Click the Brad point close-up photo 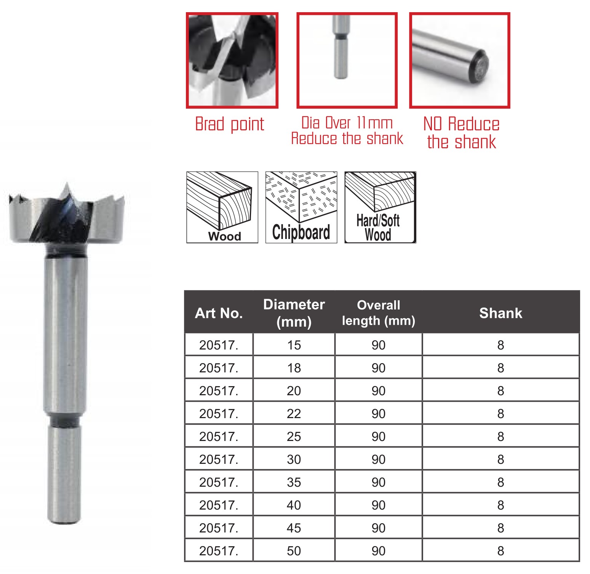coord(232,61)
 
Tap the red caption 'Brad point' coord(230,124)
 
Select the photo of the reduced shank coord(347,61)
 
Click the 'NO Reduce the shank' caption coord(461,133)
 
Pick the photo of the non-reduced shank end coord(460,61)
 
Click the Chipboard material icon coord(301,207)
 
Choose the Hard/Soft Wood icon coord(380,207)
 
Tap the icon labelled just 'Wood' coord(222,207)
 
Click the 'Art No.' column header coord(219,313)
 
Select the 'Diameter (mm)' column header coord(294,313)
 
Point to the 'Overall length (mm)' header coord(379,313)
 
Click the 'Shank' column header coord(501,313)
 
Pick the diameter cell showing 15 coord(294,345)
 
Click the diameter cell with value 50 coord(294,551)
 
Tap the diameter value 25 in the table coord(294,436)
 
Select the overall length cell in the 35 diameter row coord(379,482)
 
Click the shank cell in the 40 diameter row coord(501,505)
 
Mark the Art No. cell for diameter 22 coord(219,414)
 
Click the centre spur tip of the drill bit coord(67,183)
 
